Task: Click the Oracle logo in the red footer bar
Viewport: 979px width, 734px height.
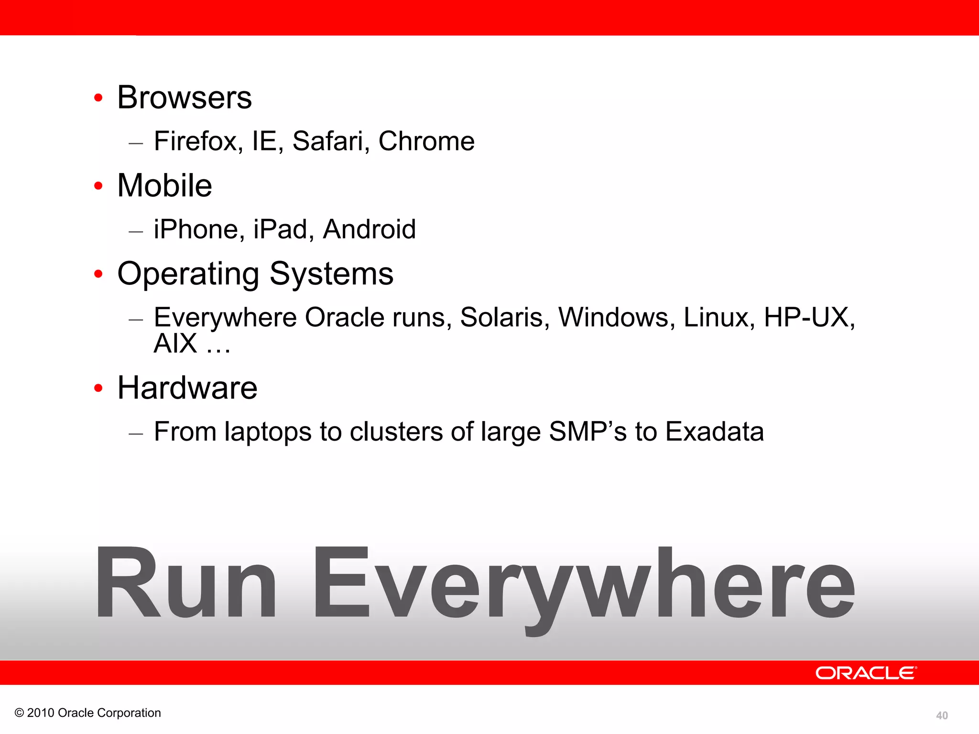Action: point(866,673)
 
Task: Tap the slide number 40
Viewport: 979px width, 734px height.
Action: point(942,715)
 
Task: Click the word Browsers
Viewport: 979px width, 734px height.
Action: point(185,97)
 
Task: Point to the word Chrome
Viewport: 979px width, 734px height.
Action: point(426,141)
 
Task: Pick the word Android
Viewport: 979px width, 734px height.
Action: point(370,229)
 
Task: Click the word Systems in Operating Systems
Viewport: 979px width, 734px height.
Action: point(331,274)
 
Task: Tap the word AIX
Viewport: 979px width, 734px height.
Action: point(175,343)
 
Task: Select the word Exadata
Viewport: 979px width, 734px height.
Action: point(715,432)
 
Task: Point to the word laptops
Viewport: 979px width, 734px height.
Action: point(268,432)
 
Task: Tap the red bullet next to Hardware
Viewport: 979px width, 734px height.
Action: point(98,388)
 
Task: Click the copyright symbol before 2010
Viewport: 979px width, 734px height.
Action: point(19,713)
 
